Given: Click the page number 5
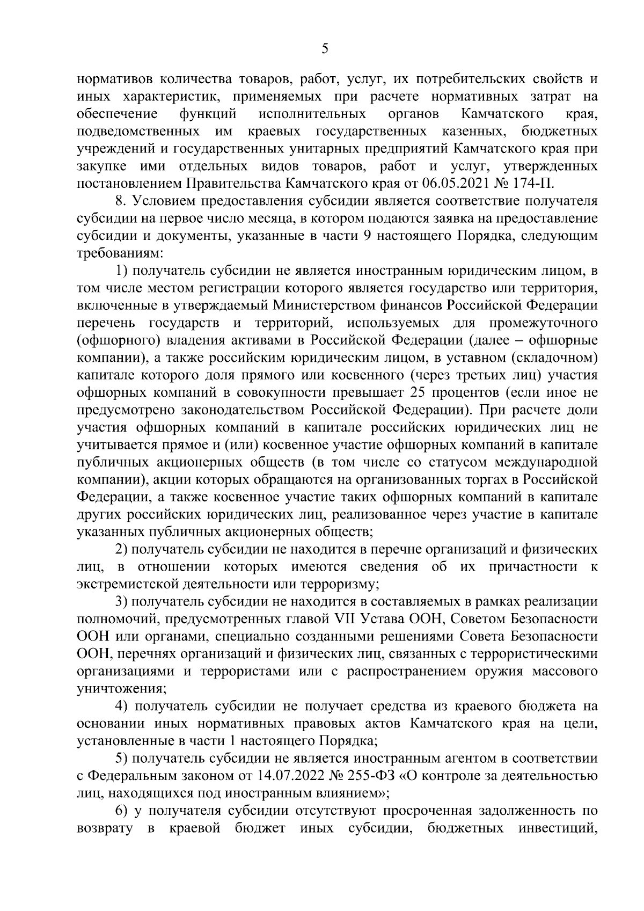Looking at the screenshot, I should point(324,49).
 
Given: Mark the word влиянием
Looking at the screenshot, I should point(338,793).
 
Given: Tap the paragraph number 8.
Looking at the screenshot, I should point(120,201).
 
